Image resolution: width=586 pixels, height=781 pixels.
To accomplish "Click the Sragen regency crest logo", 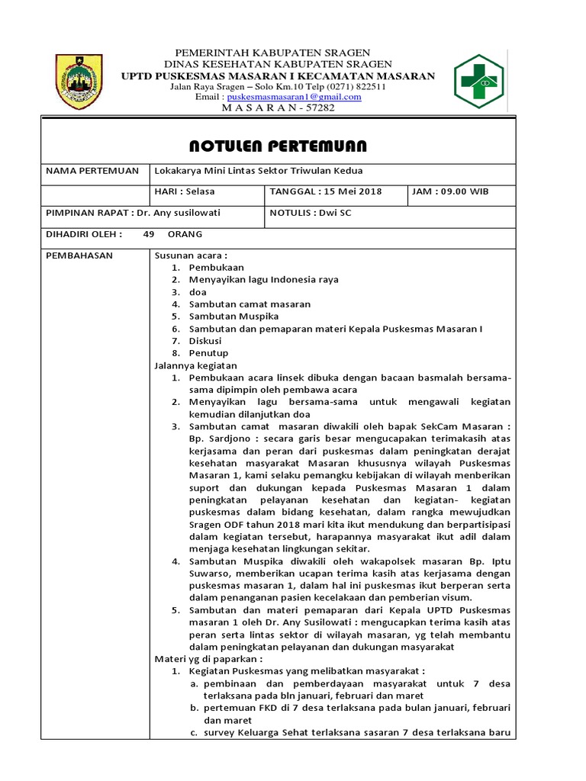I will click(x=79, y=82).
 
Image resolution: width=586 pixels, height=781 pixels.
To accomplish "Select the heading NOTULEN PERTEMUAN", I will click(x=278, y=146).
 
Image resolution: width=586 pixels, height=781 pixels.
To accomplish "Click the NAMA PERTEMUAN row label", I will click(x=92, y=171).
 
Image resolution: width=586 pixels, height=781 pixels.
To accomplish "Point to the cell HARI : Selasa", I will click(x=182, y=191).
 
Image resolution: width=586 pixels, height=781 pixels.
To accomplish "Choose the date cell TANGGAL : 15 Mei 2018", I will click(x=326, y=191).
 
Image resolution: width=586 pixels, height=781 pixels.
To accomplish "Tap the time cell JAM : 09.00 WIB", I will click(x=450, y=191).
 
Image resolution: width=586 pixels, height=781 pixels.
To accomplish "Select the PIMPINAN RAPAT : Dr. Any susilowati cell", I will click(x=133, y=213).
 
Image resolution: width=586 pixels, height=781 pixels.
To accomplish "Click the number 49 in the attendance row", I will click(x=149, y=234).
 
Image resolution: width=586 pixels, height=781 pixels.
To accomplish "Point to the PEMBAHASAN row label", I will click(x=79, y=256).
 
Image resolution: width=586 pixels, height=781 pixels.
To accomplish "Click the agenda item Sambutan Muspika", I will click(x=233, y=317).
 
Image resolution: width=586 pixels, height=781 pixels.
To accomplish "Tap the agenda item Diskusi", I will click(x=205, y=341).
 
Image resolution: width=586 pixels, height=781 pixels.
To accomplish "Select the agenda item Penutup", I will click(x=208, y=353).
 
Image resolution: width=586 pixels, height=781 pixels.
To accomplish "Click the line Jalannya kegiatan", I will click(x=196, y=365).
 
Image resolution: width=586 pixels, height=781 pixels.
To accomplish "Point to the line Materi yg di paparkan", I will click(x=208, y=659).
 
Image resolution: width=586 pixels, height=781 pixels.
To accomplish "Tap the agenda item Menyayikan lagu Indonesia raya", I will click(x=263, y=280).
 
